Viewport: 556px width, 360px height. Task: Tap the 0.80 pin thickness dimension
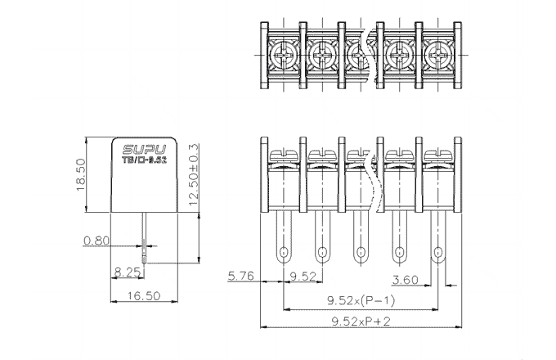click(x=95, y=241)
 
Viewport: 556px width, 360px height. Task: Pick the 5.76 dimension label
click(x=243, y=276)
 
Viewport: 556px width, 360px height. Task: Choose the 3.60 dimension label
click(x=406, y=280)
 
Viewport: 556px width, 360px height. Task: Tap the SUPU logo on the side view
click(x=144, y=150)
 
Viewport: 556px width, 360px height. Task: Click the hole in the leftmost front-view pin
click(x=283, y=251)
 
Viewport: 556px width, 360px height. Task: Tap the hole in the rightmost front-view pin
click(x=438, y=251)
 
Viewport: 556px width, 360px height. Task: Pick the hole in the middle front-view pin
click(x=361, y=251)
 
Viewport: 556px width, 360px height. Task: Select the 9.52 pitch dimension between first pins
click(x=303, y=276)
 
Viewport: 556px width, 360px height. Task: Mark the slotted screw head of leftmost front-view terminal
click(x=283, y=153)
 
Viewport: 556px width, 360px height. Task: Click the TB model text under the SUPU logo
click(x=144, y=161)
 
